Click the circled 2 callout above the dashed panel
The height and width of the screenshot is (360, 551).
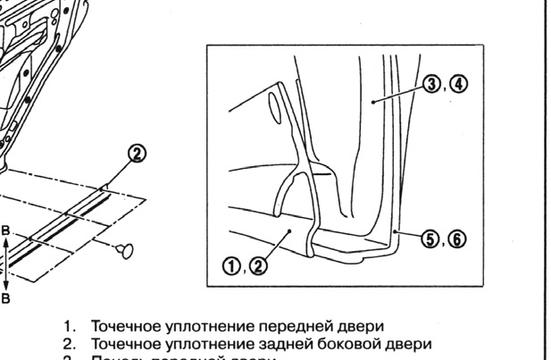point(137,154)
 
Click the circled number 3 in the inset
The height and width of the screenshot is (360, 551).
point(433,85)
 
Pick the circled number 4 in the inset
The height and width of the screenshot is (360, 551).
point(458,85)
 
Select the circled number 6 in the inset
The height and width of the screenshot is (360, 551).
point(456,239)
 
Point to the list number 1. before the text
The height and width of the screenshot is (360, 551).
point(68,327)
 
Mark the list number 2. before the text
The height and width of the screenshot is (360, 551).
point(68,344)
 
